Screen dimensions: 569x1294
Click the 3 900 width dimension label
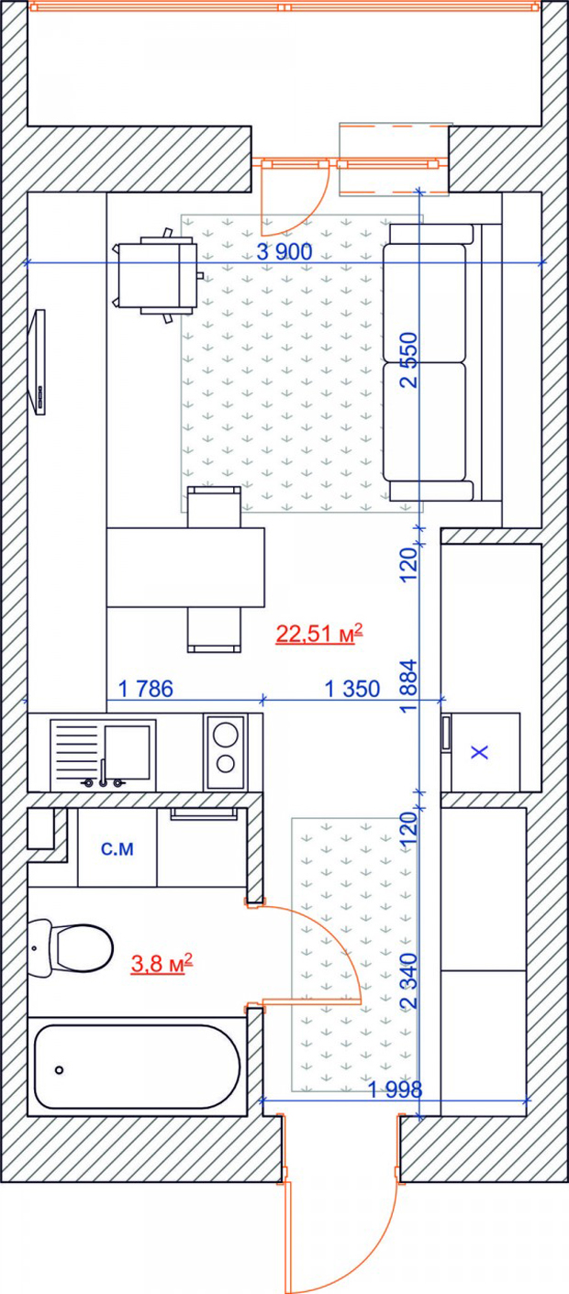coord(284,251)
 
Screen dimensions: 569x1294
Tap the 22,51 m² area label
coord(319,633)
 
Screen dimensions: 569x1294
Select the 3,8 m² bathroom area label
coord(162,1136)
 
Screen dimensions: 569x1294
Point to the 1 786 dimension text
coord(146,689)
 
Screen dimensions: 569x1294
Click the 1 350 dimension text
coord(352,689)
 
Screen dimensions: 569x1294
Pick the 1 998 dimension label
coord(396,1089)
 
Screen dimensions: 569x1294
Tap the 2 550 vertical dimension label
coord(408,359)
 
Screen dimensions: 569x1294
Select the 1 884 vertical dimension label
coord(408,685)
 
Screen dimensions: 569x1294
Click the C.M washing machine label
coord(117,848)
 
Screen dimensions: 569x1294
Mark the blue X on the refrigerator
coord(480,752)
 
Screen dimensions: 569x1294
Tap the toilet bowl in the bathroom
coord(81,1123)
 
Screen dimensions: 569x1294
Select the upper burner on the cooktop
coord(226,735)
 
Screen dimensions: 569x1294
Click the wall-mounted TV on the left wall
coord(39,362)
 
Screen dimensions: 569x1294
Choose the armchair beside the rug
coord(157,275)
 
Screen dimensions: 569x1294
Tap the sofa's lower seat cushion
coord(424,421)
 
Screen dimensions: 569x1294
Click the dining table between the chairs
coord(185,567)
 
